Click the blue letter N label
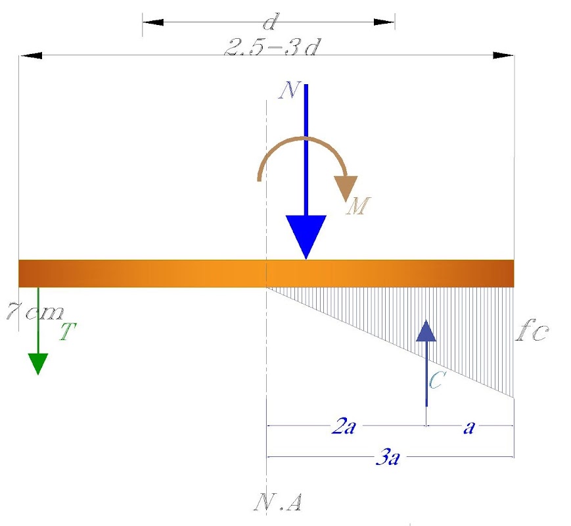click(x=290, y=90)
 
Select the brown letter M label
click(x=358, y=206)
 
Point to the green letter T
click(x=68, y=331)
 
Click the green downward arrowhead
click(x=38, y=364)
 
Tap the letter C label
click(x=436, y=380)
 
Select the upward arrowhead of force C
click(x=426, y=330)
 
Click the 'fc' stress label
click(x=532, y=331)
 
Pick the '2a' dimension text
click(x=343, y=426)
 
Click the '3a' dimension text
click(x=388, y=457)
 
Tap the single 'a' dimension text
click(x=469, y=427)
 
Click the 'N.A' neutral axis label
click(x=277, y=502)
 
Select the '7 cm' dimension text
click(x=35, y=312)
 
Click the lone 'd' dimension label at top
click(x=270, y=22)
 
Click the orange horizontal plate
click(x=266, y=274)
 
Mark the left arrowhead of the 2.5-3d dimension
click(x=32, y=55)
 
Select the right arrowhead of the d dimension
click(x=384, y=22)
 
